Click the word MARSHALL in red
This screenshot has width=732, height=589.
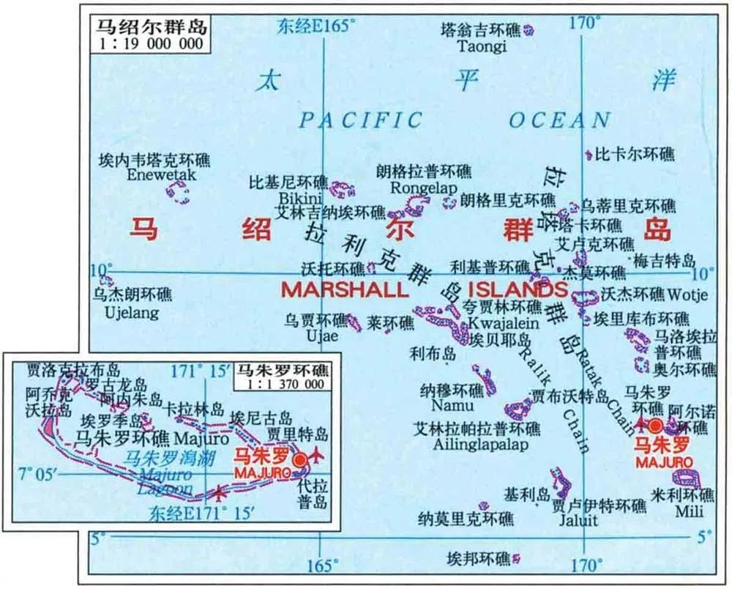click(x=345, y=289)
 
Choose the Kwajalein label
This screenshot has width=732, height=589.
click(x=504, y=322)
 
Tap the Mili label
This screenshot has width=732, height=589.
click(x=689, y=511)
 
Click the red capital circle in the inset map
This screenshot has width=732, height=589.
click(x=299, y=459)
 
